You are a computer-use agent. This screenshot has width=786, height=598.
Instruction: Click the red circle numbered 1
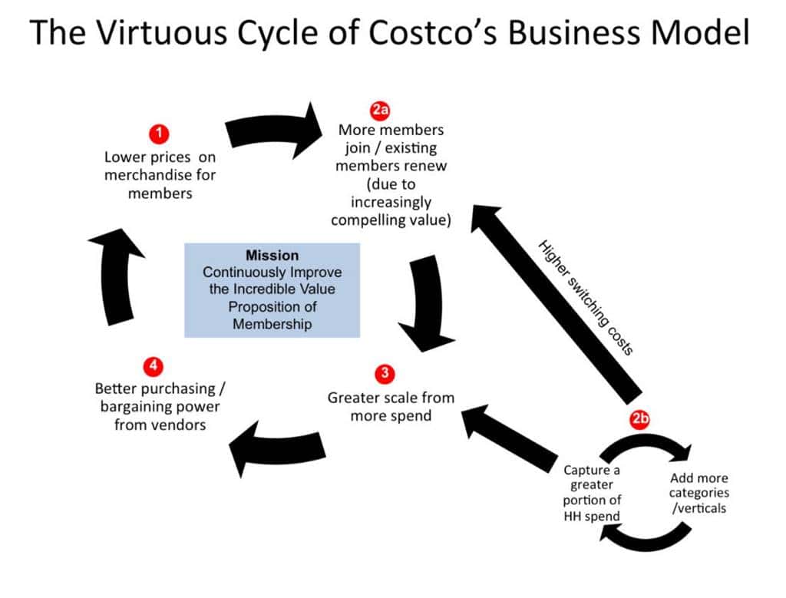coord(159,133)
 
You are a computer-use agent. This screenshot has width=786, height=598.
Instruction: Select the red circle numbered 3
coord(385,374)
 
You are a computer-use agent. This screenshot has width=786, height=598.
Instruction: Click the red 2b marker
coord(641,419)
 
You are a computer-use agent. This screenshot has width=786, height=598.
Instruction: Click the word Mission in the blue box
coord(272,256)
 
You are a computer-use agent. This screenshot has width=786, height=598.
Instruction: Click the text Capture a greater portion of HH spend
coord(592,492)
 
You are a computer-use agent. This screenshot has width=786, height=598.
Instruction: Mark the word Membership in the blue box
coord(272,324)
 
